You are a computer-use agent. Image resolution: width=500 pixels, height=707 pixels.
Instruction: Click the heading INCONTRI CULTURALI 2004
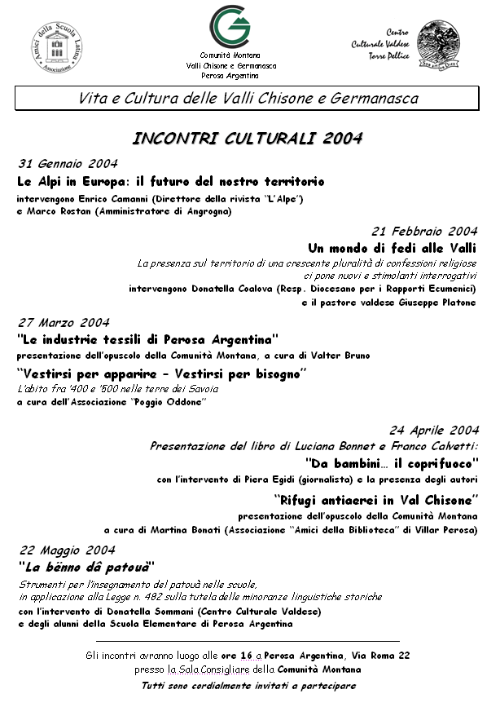[248, 138]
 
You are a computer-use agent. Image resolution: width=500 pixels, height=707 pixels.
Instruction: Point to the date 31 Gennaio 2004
[68, 163]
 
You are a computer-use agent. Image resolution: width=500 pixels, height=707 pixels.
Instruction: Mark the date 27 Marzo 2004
[64, 322]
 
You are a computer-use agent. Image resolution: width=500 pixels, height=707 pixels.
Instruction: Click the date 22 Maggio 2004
[67, 550]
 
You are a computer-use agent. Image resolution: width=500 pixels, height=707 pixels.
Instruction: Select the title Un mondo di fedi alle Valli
[392, 248]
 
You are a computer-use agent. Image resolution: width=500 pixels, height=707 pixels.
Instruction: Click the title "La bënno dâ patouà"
[86, 566]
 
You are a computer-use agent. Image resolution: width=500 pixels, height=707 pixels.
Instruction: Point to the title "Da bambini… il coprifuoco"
[391, 462]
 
